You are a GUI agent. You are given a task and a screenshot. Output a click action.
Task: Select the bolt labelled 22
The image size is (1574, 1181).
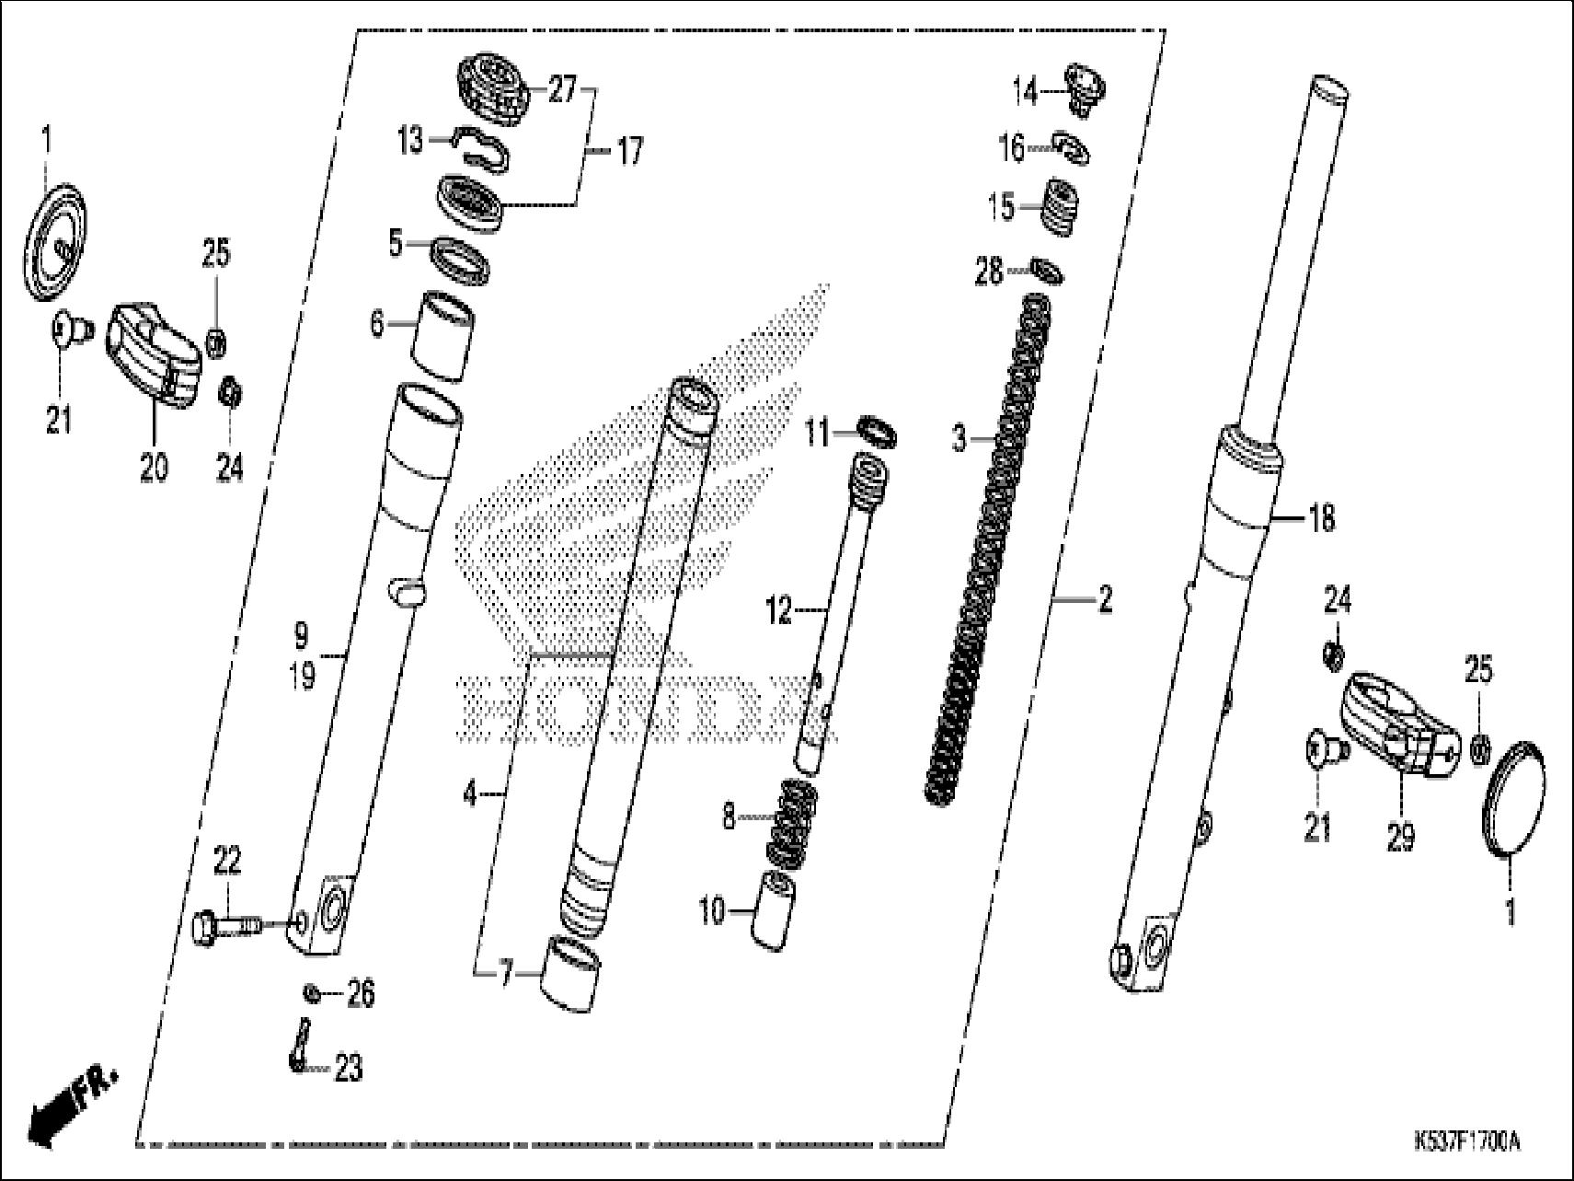[x=225, y=923]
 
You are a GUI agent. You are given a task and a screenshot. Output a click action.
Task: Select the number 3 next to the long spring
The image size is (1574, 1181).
[x=959, y=439]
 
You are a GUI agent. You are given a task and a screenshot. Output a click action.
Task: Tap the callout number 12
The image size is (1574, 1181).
[x=779, y=609]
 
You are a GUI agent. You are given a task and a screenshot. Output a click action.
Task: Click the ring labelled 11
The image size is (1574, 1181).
[x=879, y=433]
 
